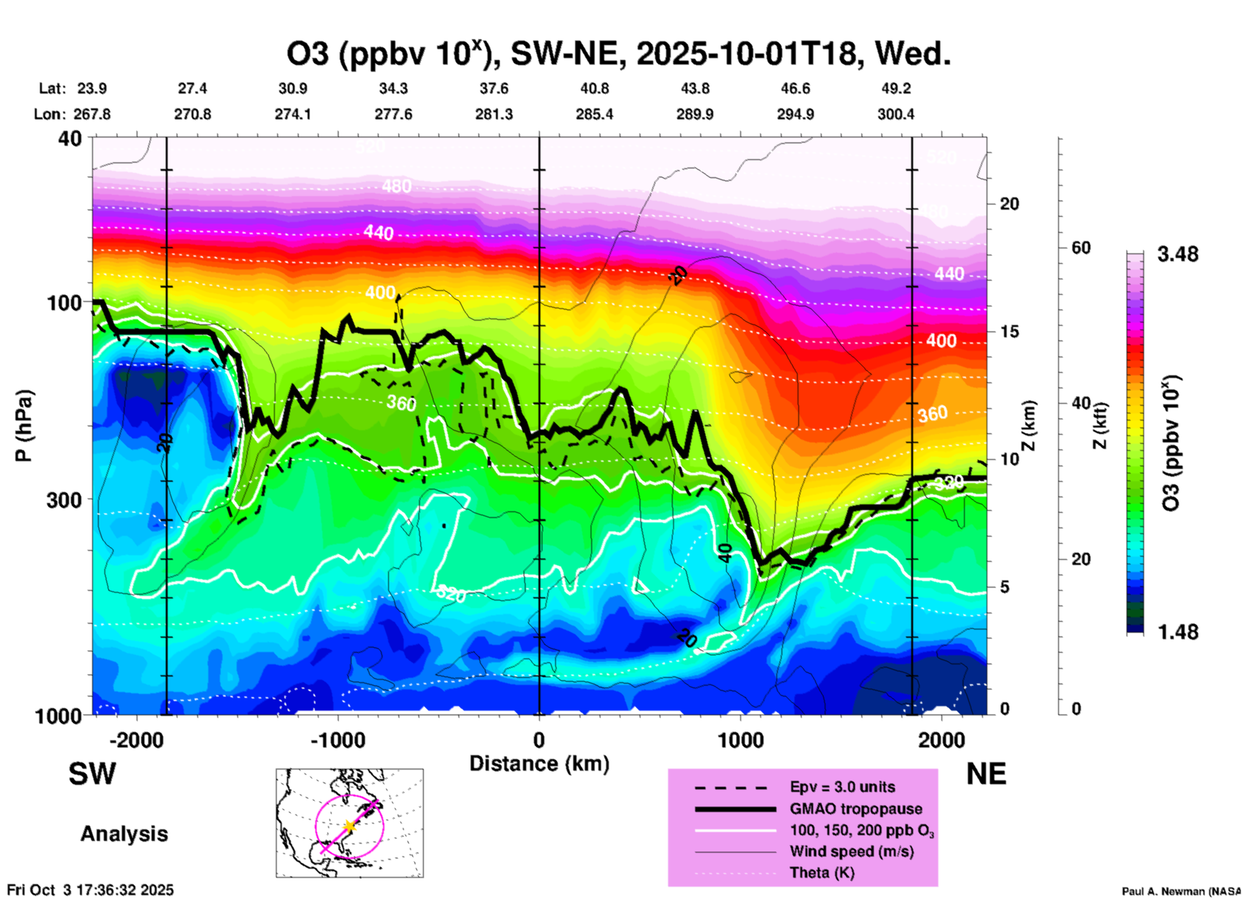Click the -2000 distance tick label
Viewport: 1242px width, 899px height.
[136, 740]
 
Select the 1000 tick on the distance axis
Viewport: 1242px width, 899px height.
[740, 740]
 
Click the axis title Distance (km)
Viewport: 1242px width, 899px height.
[539, 764]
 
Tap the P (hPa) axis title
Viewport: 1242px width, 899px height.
[24, 426]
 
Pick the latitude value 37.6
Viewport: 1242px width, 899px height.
[494, 88]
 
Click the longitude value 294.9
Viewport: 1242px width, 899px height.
[795, 114]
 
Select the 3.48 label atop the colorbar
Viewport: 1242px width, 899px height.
[1178, 254]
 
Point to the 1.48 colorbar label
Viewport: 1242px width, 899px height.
[1178, 631]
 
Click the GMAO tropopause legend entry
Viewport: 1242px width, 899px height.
[856, 809]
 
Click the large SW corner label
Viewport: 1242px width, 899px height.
[92, 774]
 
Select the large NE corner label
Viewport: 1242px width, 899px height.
[986, 774]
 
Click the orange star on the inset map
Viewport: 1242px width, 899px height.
[350, 825]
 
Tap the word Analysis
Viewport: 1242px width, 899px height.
[124, 834]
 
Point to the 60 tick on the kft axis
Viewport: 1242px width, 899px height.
[1081, 248]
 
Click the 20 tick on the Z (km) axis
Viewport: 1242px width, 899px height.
[1009, 204]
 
